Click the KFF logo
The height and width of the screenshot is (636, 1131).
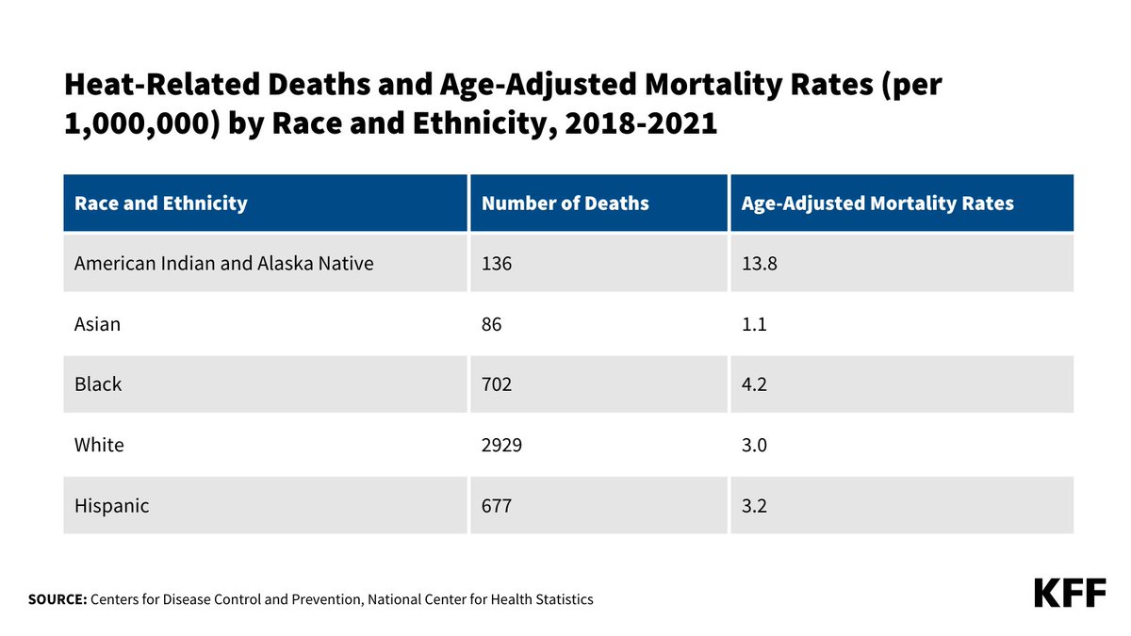pos(1070,594)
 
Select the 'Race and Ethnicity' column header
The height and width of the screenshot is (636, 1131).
pos(161,203)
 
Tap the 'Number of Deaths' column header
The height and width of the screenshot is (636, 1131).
pos(565,203)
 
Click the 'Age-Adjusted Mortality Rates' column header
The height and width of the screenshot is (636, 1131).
pos(877,203)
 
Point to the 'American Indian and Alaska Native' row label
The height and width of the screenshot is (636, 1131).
pos(224,264)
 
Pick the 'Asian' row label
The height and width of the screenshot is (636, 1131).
pos(98,324)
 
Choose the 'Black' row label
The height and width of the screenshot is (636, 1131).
pos(98,384)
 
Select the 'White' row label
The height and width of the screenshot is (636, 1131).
pos(99,445)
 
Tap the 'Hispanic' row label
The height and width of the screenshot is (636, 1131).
pos(112,506)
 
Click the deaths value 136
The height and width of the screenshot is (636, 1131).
pos(497,264)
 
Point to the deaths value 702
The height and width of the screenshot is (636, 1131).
pos(498,384)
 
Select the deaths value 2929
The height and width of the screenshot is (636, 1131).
pos(502,445)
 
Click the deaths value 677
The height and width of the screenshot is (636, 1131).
pos(497,506)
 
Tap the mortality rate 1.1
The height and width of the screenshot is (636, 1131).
pos(754,324)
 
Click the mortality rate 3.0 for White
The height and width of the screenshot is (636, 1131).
pos(755,445)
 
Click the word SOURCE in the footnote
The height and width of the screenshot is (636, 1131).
pos(57,599)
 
